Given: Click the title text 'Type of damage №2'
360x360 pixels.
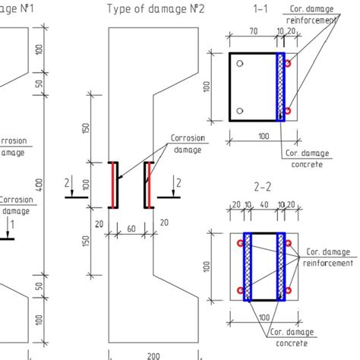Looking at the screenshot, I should pyautogui.click(x=155, y=8).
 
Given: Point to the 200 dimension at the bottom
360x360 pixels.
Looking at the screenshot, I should pyautogui.click(x=153, y=355).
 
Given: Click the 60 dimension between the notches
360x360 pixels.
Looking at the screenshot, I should pyautogui.click(x=132, y=227).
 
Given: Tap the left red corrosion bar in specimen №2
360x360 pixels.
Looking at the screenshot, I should pyautogui.click(x=115, y=184).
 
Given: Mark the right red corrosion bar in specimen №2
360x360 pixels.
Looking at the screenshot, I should pyautogui.click(x=148, y=184).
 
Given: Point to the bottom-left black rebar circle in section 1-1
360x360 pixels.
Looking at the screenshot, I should pyautogui.click(x=239, y=112).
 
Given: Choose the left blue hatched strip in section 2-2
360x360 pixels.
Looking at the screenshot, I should pyautogui.click(x=247, y=266).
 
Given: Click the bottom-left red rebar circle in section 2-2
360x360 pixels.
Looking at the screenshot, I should pyautogui.click(x=240, y=291).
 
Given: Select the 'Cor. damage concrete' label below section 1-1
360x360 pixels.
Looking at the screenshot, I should pyautogui.click(x=305, y=158).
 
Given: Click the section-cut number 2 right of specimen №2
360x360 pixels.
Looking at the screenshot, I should pyautogui.click(x=178, y=183).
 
